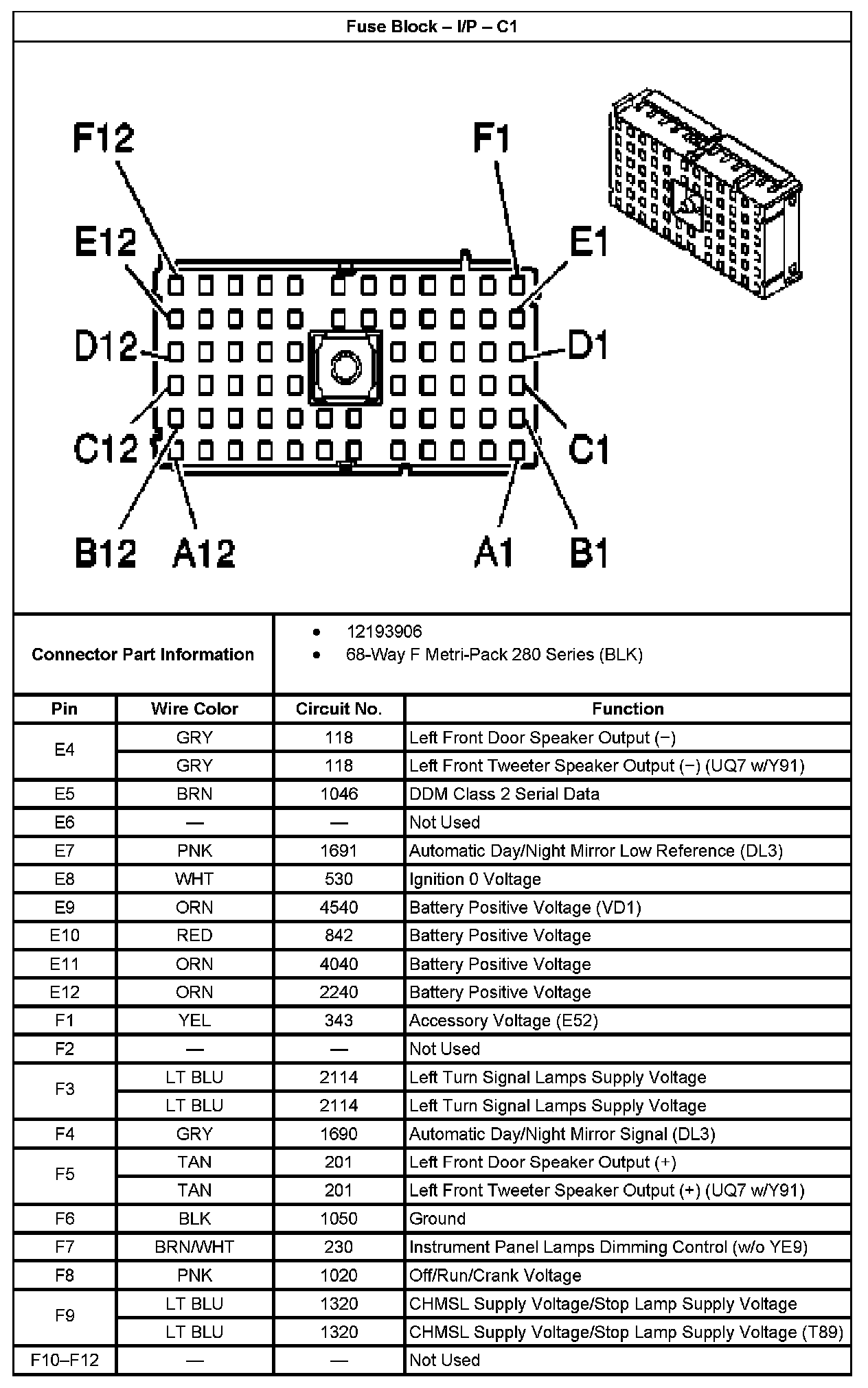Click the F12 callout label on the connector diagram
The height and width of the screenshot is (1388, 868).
click(x=104, y=138)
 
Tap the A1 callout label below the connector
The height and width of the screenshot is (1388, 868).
click(x=494, y=553)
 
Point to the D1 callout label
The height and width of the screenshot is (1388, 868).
click(x=589, y=345)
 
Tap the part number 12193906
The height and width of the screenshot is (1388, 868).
click(x=384, y=632)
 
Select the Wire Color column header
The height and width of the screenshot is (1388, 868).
click(x=194, y=709)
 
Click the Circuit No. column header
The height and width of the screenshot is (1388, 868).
click(x=339, y=709)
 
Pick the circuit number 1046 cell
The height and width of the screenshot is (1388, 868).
click(x=339, y=794)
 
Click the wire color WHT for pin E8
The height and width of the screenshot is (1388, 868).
click(x=194, y=879)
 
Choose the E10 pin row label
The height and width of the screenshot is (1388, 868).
click(x=65, y=936)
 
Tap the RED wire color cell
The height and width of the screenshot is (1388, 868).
click(x=194, y=936)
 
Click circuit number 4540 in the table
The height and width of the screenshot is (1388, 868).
click(x=339, y=907)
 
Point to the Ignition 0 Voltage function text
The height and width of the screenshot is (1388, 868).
click(x=475, y=879)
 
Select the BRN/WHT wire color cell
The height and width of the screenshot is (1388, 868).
click(x=194, y=1247)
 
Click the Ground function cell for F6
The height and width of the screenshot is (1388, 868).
click(x=437, y=1219)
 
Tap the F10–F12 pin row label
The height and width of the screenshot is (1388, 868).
click(x=65, y=1361)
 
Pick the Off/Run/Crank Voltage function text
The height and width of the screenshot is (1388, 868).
click(x=495, y=1275)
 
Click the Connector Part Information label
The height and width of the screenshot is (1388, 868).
click(x=143, y=654)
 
